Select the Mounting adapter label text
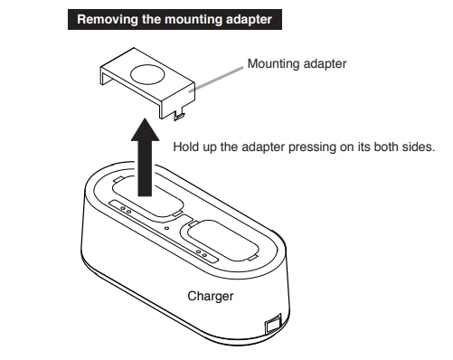tap(297, 64)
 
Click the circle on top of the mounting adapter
tap(147, 74)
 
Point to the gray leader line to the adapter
tap(216, 80)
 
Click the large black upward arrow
tap(145, 157)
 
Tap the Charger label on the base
tap(211, 297)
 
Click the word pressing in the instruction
tap(312, 147)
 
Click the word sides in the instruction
tap(420, 147)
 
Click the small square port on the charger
tap(273, 325)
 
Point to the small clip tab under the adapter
tap(179, 116)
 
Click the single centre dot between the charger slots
tap(166, 228)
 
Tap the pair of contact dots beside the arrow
tap(126, 210)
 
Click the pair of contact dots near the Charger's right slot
tap(202, 254)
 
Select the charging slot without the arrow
tap(219, 241)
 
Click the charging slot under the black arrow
tap(147, 196)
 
